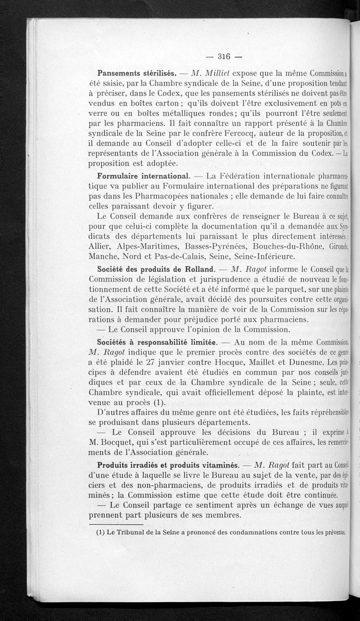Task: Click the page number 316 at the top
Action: [224, 56]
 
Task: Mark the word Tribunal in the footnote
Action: [130, 532]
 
